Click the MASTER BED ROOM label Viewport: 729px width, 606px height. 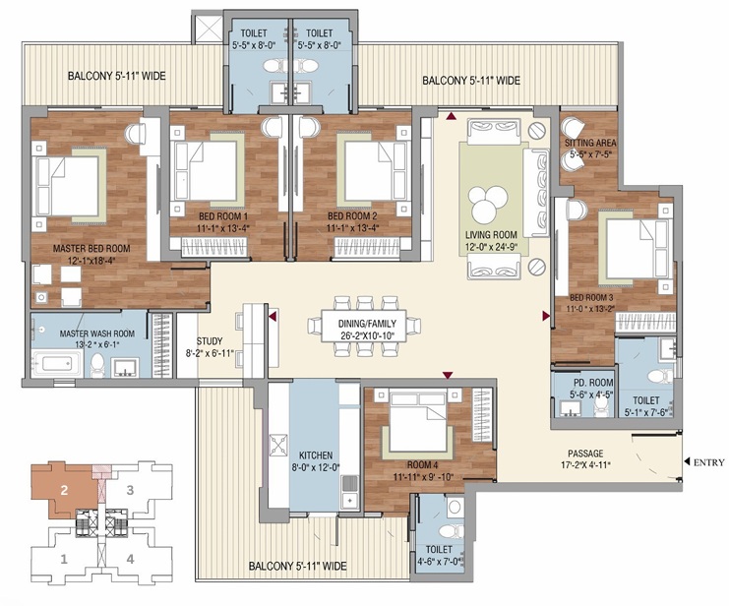point(91,249)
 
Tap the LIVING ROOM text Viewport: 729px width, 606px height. point(491,235)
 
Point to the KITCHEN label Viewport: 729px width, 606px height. point(316,456)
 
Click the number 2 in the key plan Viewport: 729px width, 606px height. point(63,489)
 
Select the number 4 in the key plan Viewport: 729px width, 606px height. point(129,560)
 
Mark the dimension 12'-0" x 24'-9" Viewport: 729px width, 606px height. point(491,248)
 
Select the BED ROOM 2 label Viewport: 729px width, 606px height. point(352,216)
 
